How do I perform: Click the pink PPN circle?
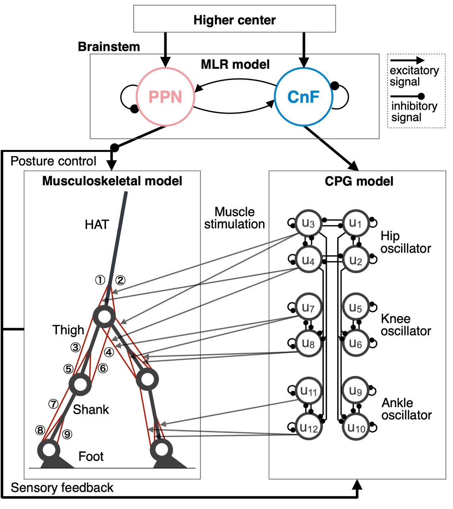(x=165, y=97)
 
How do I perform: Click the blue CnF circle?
(x=303, y=97)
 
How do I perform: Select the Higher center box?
(x=234, y=19)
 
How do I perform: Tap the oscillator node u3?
(x=308, y=223)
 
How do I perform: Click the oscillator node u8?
(x=308, y=344)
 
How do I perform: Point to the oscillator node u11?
(x=308, y=391)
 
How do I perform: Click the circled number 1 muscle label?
(x=100, y=280)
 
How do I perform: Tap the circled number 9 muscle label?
(x=67, y=434)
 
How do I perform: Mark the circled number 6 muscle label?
(x=103, y=369)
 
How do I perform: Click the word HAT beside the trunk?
(x=96, y=225)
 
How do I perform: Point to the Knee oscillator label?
(x=405, y=325)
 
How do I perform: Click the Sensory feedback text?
(x=62, y=488)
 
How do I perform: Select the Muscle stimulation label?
(x=234, y=218)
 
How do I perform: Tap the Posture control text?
(x=53, y=161)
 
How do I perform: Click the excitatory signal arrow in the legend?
(x=407, y=61)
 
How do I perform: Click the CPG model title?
(x=359, y=181)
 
